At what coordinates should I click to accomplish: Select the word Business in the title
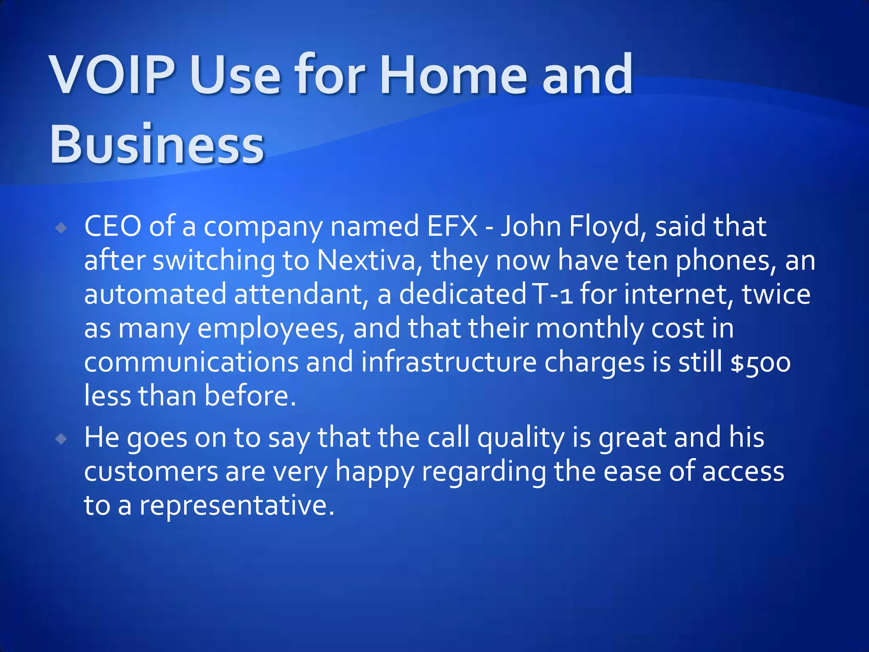point(157,144)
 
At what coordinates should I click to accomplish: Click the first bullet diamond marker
point(62,228)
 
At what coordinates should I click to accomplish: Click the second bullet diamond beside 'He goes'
point(62,439)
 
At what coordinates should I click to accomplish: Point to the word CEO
point(112,226)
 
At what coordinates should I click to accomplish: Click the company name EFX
point(453,226)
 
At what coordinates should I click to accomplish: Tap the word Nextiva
point(366,260)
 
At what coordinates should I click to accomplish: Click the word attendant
point(297,294)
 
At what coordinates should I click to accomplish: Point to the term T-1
point(552,294)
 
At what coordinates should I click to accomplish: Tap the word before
point(250,396)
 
